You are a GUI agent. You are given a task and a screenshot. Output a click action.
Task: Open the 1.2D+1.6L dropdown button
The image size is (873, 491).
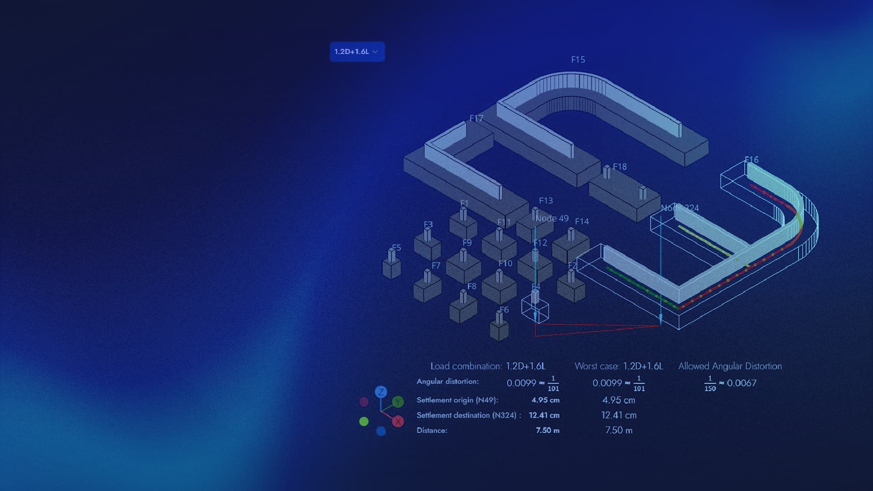[x=356, y=52]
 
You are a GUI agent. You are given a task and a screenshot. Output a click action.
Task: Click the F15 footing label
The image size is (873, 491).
[x=578, y=60]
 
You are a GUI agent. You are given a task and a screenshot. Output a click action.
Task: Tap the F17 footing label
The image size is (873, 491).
[x=476, y=118]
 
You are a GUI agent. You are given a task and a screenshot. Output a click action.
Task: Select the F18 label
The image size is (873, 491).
[x=619, y=167]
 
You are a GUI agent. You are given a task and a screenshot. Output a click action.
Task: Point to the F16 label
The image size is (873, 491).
[x=751, y=159]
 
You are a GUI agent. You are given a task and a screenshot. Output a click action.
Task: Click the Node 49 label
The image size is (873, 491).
[x=552, y=218]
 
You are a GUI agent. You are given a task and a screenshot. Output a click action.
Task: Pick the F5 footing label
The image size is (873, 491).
[x=396, y=248]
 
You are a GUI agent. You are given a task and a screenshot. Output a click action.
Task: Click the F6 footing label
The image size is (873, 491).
[x=504, y=310]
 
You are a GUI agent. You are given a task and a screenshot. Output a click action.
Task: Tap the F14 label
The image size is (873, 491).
[x=582, y=221]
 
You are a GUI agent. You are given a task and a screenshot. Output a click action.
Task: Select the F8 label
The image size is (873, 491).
[x=472, y=286]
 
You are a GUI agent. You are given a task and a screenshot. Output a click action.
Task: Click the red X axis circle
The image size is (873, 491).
[x=398, y=422]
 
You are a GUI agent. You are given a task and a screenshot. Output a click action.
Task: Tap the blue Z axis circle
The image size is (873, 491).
[x=381, y=392]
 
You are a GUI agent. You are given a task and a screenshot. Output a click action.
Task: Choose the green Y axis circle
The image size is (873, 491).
[x=398, y=402]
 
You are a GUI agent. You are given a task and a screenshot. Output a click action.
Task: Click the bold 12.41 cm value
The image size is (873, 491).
[x=544, y=415]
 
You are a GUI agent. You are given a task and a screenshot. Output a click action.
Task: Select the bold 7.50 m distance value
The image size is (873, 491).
[x=548, y=430]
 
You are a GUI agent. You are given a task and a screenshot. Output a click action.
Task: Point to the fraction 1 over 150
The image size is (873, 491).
[x=710, y=383]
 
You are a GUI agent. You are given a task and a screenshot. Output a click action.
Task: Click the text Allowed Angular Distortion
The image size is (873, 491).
[x=730, y=366]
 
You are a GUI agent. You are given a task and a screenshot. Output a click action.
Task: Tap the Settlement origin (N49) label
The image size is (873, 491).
[x=457, y=400]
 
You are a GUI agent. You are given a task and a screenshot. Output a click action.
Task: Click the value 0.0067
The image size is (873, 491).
[x=742, y=383]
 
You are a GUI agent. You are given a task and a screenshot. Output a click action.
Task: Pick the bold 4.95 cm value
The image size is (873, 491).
[x=545, y=400]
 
